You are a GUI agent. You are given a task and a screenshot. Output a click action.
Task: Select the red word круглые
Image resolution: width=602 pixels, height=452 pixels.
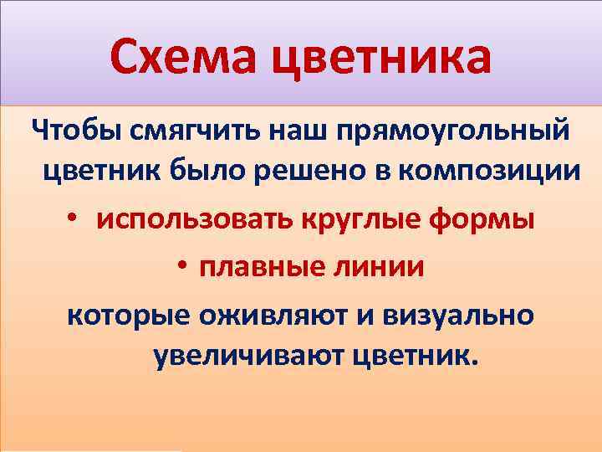point(371,221)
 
